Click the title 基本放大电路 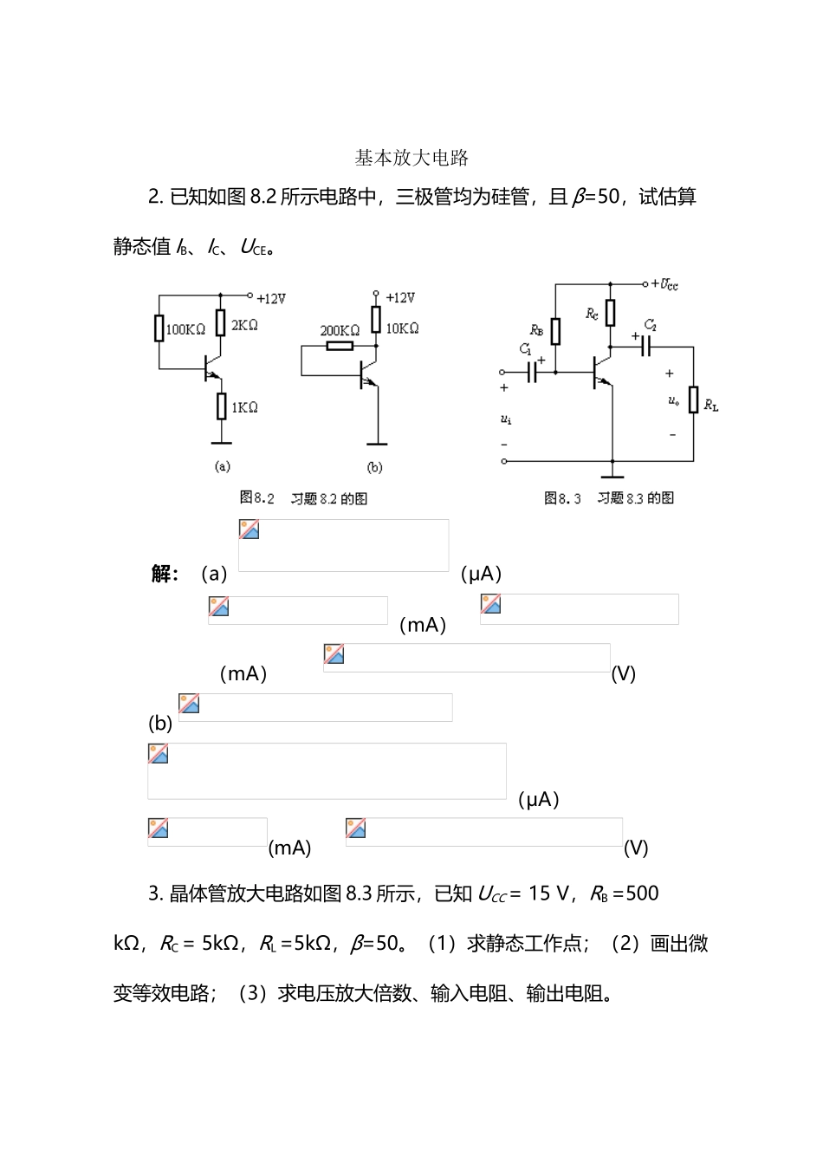coord(411,158)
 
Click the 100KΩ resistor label coord(185,330)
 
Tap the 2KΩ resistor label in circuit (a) coord(244,326)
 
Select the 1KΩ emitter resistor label coord(244,407)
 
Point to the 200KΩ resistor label coord(340,330)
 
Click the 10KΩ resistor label coord(402,328)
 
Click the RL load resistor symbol coord(693,400)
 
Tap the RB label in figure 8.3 coord(537,330)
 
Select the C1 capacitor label coord(525,349)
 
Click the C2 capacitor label coord(650,326)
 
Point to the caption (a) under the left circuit coord(223,466)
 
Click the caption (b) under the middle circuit coord(374,467)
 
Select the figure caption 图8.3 coord(562,498)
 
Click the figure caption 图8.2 coord(256,498)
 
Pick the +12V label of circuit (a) coord(271,299)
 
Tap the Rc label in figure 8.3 coord(592,314)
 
